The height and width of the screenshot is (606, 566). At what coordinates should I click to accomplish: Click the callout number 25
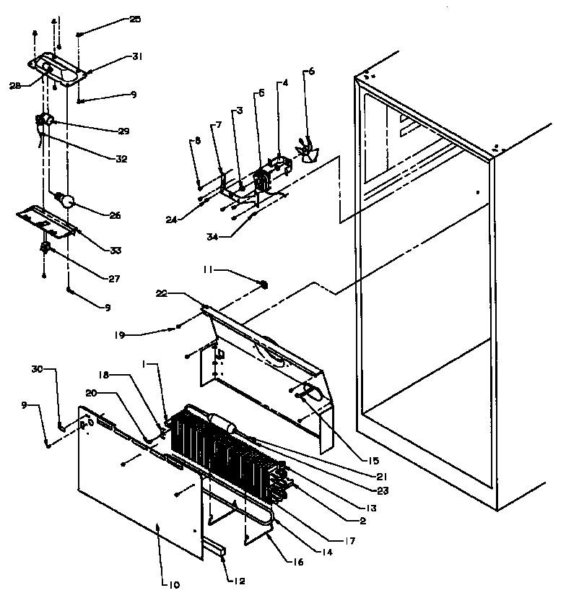click(135, 20)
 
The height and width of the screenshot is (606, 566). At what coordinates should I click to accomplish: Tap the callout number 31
click(137, 56)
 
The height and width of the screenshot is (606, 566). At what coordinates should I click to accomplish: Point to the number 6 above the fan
click(312, 72)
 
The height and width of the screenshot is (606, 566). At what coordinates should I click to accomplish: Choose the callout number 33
click(116, 251)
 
